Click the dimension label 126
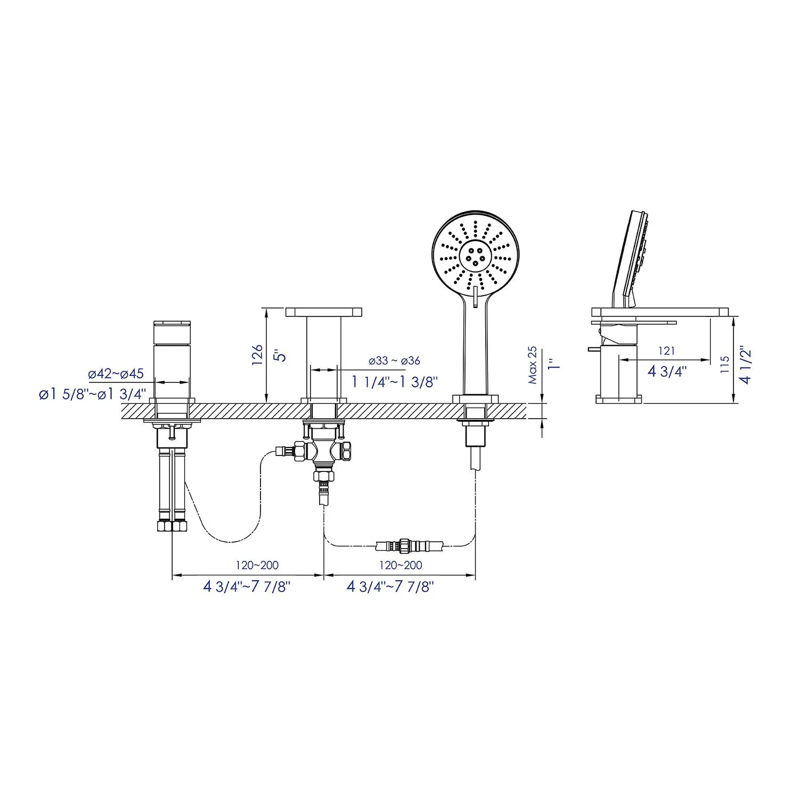pyautogui.click(x=258, y=355)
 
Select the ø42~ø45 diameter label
pyautogui.click(x=116, y=373)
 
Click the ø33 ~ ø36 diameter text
pyautogui.click(x=394, y=361)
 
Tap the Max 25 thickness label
pyautogui.click(x=533, y=365)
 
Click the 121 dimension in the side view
pyautogui.click(x=666, y=350)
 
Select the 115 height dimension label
pyautogui.click(x=724, y=364)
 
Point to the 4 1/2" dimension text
pyautogui.click(x=746, y=365)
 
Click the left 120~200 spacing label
pyautogui.click(x=257, y=565)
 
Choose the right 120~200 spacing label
pyautogui.click(x=401, y=565)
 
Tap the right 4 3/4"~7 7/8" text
pyautogui.click(x=390, y=586)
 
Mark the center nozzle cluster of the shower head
pyautogui.click(x=474, y=255)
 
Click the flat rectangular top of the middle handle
pyautogui.click(x=324, y=312)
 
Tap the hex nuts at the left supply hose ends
pyautogui.click(x=172, y=526)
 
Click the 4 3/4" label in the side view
pyautogui.click(x=667, y=371)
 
